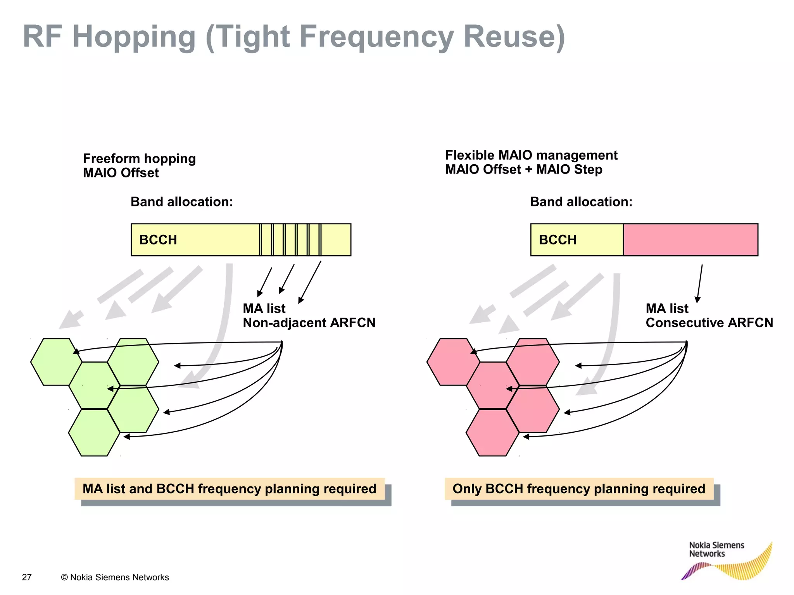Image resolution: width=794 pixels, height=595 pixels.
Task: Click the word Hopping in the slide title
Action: tap(134, 37)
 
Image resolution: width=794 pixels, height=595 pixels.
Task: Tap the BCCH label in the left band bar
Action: tap(158, 240)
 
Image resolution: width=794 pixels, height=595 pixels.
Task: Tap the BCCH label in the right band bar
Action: tap(558, 240)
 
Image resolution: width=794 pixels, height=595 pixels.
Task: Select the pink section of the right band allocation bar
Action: tap(690, 240)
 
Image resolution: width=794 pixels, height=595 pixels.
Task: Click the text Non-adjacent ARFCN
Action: tap(309, 323)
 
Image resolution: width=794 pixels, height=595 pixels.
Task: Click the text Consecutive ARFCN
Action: tap(709, 323)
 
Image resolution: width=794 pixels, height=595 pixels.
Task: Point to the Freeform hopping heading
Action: tap(139, 158)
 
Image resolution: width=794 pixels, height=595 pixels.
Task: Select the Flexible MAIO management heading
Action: tap(531, 155)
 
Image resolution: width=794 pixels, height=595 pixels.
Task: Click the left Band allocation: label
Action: tap(181, 202)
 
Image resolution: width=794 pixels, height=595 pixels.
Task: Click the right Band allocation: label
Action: tap(581, 202)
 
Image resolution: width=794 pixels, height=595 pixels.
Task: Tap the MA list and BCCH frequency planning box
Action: tap(230, 489)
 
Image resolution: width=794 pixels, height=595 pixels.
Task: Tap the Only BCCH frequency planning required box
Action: tap(579, 489)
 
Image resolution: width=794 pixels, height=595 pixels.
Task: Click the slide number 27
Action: tap(27, 577)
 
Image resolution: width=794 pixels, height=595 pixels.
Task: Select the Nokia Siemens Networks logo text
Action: tap(716, 549)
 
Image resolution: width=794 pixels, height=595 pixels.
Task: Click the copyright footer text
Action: tap(115, 577)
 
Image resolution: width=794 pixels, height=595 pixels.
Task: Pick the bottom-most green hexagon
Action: tap(94, 433)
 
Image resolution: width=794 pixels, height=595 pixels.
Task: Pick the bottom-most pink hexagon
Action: tap(492, 433)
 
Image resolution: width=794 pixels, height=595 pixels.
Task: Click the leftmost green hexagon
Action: tap(56, 362)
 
